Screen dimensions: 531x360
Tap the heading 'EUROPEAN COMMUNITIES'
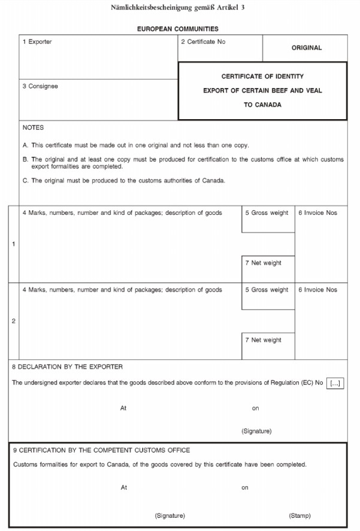pyautogui.click(x=178, y=29)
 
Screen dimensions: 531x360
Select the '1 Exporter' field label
pyautogui.click(x=37, y=42)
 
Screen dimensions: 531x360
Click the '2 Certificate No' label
pyautogui.click(x=203, y=42)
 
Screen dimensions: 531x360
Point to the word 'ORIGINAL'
pyautogui.click(x=307, y=48)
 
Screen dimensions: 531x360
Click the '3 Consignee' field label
pyautogui.click(x=40, y=86)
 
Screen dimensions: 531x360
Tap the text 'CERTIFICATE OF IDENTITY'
pyautogui.click(x=262, y=77)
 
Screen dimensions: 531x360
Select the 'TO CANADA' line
pyautogui.click(x=262, y=105)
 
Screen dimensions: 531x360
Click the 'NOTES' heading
pyautogui.click(x=33, y=128)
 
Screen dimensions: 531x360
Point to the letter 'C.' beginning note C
pyautogui.click(x=25, y=181)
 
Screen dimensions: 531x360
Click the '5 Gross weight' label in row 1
pyautogui.click(x=267, y=213)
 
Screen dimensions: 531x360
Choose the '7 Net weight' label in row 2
pyautogui.click(x=263, y=340)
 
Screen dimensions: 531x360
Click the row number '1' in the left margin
pyautogui.click(x=14, y=244)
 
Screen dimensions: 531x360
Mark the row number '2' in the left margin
pyautogui.click(x=14, y=321)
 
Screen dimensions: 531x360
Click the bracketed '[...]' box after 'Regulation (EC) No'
pyautogui.click(x=336, y=383)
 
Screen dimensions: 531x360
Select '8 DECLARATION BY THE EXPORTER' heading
pyautogui.click(x=67, y=366)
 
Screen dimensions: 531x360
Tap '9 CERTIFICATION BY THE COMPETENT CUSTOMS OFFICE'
pyautogui.click(x=102, y=450)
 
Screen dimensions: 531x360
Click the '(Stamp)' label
pyautogui.click(x=300, y=515)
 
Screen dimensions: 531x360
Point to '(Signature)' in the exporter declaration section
pyautogui.click(x=256, y=431)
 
